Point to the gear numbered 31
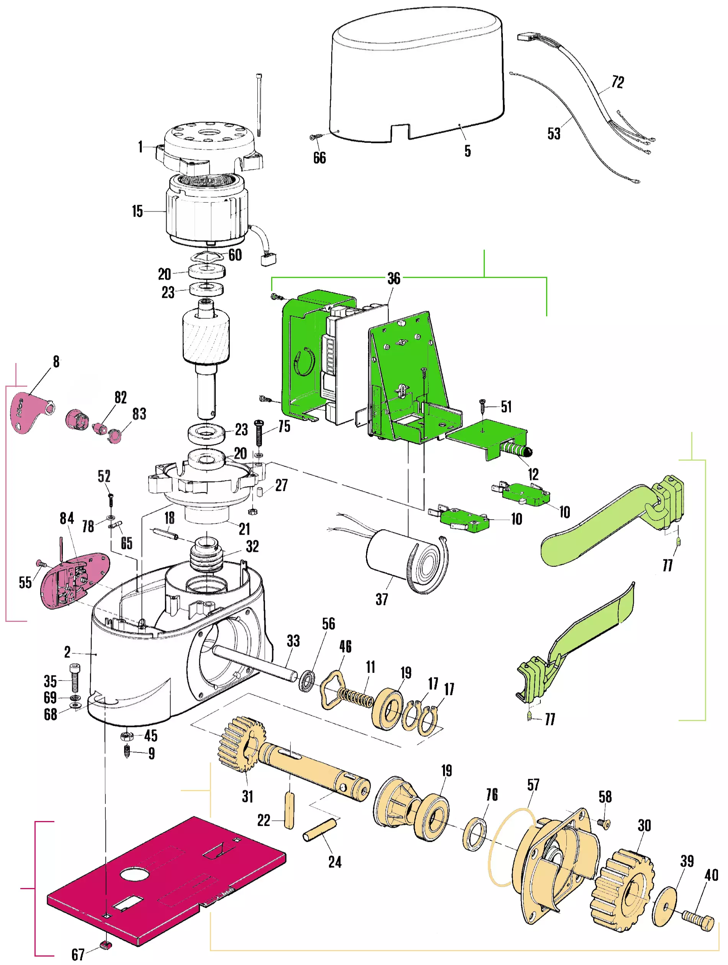(x=242, y=744)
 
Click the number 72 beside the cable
(x=618, y=82)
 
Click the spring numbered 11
(x=355, y=696)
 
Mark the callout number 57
(x=533, y=785)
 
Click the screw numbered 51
(x=483, y=406)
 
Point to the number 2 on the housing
(x=67, y=652)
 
